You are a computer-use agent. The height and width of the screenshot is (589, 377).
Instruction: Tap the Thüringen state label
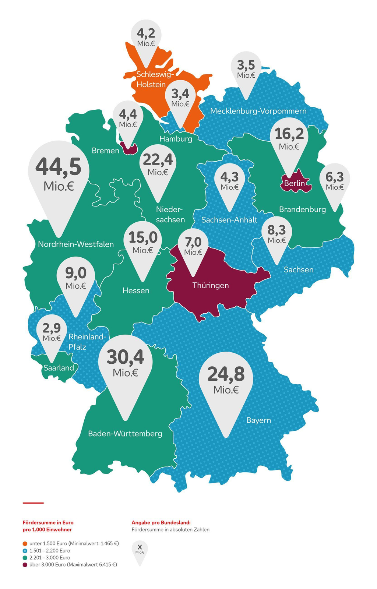(x=211, y=285)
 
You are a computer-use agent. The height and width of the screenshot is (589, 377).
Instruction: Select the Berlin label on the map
(x=295, y=183)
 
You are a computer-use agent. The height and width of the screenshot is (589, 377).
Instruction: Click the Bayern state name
(x=258, y=420)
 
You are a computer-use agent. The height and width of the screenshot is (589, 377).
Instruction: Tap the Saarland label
(x=59, y=368)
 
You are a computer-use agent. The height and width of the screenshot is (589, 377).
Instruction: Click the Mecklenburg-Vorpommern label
(x=258, y=111)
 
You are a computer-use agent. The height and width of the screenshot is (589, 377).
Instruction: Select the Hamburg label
(x=176, y=139)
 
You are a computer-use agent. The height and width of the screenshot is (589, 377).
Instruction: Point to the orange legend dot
(x=25, y=543)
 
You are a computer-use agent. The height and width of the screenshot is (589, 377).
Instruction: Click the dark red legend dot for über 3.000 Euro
(x=25, y=564)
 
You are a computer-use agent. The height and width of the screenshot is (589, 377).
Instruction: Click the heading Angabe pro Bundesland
(x=161, y=522)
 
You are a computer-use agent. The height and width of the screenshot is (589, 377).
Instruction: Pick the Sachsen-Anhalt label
(x=229, y=220)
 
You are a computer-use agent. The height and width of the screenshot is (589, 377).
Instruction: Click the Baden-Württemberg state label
(x=125, y=434)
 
